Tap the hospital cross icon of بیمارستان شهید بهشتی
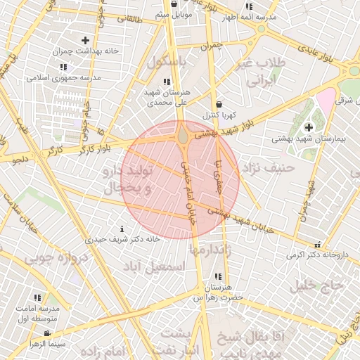[x=309, y=127]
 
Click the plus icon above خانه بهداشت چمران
[x=86, y=41]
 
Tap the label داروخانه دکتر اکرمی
[x=316, y=255]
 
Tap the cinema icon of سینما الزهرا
[x=47, y=333]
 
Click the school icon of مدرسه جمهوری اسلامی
[x=63, y=67]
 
